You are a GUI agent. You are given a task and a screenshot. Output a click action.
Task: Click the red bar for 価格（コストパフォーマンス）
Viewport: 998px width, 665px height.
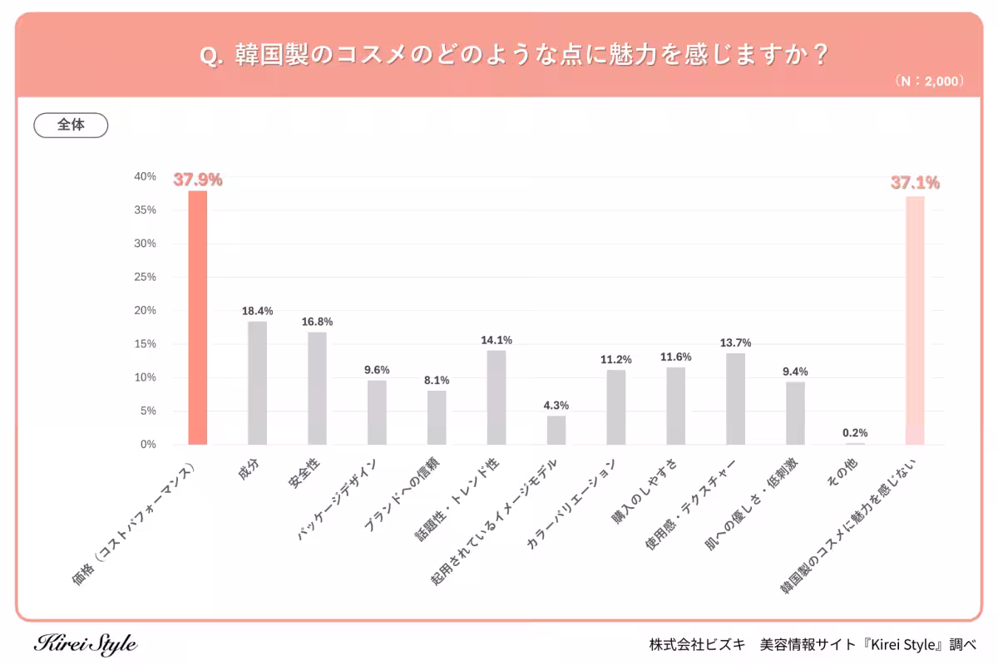[x=198, y=318]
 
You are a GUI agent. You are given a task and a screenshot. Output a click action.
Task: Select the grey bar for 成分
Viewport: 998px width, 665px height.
[x=257, y=382]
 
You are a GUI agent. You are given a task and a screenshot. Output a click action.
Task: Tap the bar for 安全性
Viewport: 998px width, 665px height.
[x=317, y=388]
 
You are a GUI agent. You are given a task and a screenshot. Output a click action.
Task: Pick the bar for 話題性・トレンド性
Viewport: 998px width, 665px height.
[x=497, y=397]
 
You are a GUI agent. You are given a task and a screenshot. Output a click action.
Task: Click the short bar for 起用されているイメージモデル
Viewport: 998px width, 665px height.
[x=556, y=430]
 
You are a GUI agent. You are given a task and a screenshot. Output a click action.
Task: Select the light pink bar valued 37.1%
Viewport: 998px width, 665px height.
[x=915, y=320]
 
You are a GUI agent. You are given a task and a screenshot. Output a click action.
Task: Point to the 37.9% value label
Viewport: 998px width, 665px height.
[x=198, y=180]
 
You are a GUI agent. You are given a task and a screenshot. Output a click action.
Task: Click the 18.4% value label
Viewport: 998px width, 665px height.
[x=257, y=311]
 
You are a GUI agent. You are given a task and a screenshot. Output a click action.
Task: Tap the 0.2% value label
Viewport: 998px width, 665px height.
[x=855, y=432]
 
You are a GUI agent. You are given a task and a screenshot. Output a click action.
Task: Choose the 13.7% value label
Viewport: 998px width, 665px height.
[x=736, y=342]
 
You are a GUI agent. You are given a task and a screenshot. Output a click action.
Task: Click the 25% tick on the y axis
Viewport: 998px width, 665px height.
[x=146, y=277]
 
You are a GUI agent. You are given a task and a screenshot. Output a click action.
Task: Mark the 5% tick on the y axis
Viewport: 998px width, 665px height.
[x=148, y=411]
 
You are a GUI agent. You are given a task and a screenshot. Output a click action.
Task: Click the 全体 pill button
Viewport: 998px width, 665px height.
[x=71, y=125]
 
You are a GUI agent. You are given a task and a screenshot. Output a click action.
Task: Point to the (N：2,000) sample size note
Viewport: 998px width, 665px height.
[x=929, y=81]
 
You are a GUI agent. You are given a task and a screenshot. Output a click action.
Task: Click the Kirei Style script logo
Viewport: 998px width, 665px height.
[x=86, y=643]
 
